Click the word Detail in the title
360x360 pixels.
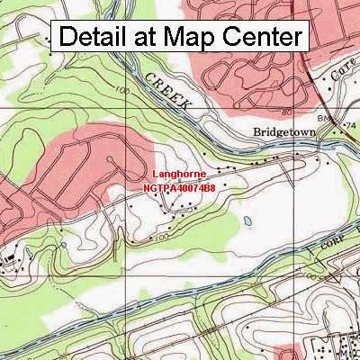point(99,38)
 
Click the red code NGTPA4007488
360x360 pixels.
point(178,189)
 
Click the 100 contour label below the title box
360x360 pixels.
point(121,92)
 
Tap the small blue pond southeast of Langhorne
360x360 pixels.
point(247,220)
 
